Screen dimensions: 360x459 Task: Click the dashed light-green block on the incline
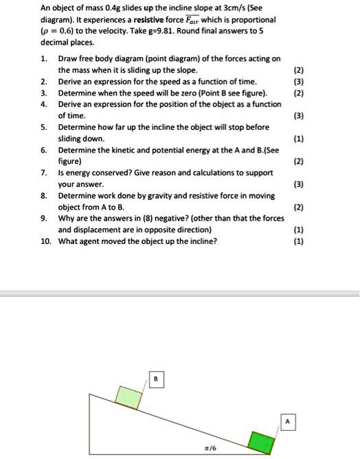(128, 396)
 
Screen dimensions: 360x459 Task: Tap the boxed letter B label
(155, 379)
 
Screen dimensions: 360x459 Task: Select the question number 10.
(45, 241)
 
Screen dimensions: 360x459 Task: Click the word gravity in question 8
(149, 195)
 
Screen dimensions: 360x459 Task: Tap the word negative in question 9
(167, 218)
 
